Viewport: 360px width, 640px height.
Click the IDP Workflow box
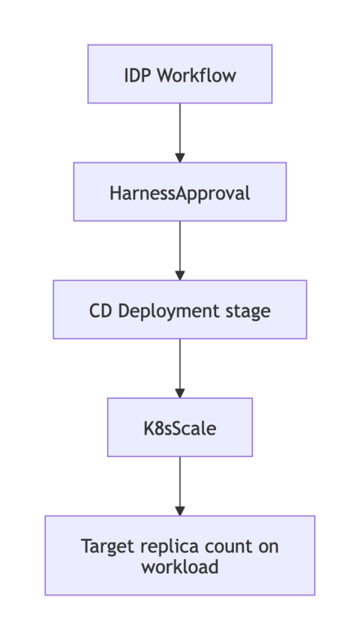coord(179,73)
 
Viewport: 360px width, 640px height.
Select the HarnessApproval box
coord(179,192)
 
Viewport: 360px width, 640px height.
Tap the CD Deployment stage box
coord(179,310)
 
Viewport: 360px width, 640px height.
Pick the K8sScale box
coord(179,427)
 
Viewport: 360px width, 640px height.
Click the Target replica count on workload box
coord(179,555)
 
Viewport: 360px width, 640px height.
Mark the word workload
coord(179,567)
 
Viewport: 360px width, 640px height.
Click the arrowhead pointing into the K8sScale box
coord(179,391)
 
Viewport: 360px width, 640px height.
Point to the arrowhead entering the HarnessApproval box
coord(179,156)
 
